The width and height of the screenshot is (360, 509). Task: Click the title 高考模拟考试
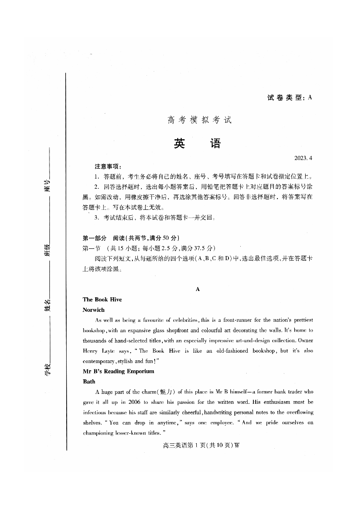199,121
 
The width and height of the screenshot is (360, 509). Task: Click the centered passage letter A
198,289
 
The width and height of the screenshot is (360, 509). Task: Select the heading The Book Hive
102,300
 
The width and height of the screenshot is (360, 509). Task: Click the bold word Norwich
93,310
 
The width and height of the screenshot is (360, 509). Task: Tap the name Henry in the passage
90,351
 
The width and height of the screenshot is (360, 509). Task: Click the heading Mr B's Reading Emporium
118,371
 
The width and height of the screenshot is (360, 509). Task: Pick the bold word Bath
89,382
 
